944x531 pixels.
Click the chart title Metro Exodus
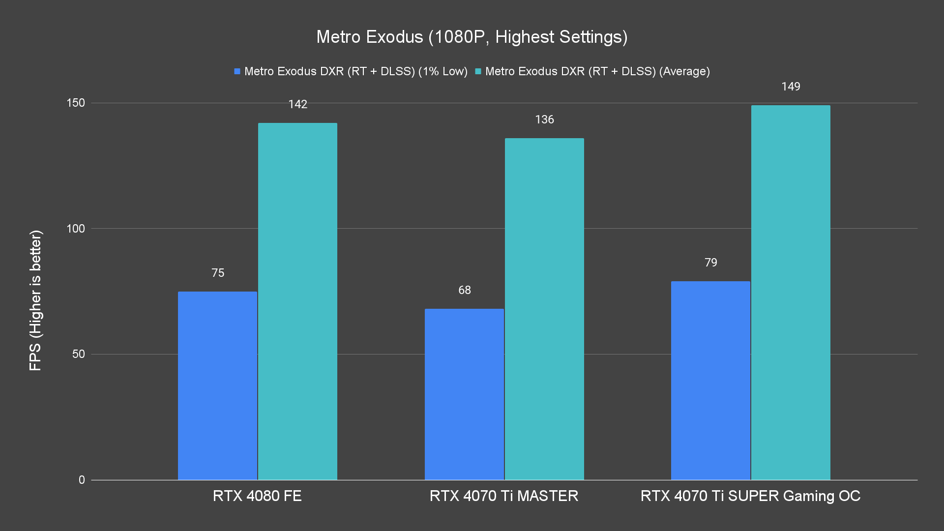coord(472,37)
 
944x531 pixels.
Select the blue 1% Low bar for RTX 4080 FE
coord(217,385)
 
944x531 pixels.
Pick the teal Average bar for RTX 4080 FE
coord(297,301)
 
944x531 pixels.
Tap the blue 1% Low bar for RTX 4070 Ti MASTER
coord(464,394)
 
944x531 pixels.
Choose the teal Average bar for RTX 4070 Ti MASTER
coord(544,309)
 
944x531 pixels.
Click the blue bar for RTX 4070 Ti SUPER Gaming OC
coord(710,380)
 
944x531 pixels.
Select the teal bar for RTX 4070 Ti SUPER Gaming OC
coord(791,292)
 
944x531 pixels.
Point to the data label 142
coord(297,104)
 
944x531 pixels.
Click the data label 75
coord(218,273)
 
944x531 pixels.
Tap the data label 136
coord(544,119)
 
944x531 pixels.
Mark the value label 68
coord(465,290)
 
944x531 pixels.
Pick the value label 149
coord(791,87)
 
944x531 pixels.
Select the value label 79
coord(711,263)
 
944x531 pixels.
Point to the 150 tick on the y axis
coord(76,103)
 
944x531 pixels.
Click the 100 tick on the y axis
coord(76,229)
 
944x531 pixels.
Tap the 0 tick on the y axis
coord(82,480)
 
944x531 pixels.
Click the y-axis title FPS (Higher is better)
coord(35,300)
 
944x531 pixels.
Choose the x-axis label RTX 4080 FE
coord(257,496)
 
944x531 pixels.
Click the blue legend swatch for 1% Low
coord(237,71)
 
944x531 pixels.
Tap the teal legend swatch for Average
coord(478,71)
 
